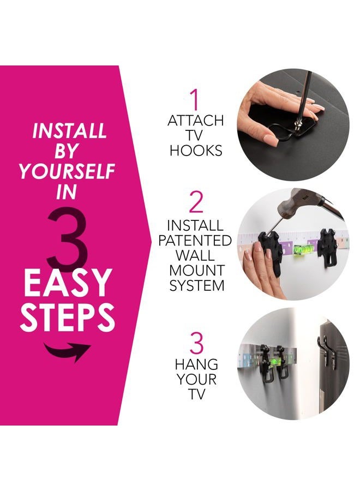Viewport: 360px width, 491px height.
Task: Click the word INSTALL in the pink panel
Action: pos(69,130)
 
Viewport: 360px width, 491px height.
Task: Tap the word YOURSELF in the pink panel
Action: pos(67,171)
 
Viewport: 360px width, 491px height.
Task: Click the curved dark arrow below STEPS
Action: pos(67,350)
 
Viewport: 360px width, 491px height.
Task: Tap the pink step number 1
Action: pos(195,99)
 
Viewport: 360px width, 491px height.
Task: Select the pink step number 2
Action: pos(196,202)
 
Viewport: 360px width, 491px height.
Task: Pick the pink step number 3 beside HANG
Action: pos(196,344)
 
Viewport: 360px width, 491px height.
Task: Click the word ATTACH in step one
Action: pos(196,121)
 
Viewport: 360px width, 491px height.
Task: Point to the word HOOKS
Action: pos(196,151)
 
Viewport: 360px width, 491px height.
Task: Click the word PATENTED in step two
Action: pos(195,241)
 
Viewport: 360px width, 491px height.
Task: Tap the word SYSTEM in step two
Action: pos(197,285)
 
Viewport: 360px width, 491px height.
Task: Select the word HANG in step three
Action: pos(196,364)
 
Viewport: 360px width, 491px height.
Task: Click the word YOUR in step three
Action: pos(196,379)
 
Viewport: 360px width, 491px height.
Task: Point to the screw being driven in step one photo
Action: pos(296,126)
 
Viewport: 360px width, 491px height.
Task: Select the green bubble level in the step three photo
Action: pos(275,361)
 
